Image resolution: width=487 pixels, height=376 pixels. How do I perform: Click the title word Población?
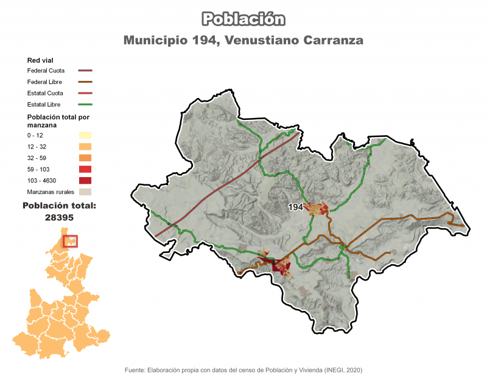(x=243, y=19)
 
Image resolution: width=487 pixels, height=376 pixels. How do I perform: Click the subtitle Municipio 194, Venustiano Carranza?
(x=243, y=41)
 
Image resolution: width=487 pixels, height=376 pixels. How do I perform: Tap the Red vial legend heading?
(x=41, y=60)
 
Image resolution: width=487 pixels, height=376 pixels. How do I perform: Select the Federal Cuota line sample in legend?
(x=85, y=71)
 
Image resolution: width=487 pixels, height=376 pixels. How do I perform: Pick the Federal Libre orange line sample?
(x=85, y=82)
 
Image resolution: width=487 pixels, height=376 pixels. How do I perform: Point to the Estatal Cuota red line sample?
(x=85, y=93)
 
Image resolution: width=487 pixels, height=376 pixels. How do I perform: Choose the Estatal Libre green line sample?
(x=85, y=105)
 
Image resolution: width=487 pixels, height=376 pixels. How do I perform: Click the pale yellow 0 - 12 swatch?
(x=85, y=134)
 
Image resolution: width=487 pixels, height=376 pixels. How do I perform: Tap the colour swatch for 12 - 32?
(x=85, y=146)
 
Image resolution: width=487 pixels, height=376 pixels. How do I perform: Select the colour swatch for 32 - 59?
(x=85, y=158)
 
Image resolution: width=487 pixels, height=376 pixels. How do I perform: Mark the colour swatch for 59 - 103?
(x=85, y=169)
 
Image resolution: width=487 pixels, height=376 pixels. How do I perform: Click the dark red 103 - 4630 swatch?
(x=85, y=180)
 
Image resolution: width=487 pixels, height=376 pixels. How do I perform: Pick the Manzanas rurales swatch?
(x=85, y=192)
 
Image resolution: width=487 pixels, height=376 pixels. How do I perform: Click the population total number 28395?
(x=59, y=217)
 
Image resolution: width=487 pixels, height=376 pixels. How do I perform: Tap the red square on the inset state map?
(x=71, y=241)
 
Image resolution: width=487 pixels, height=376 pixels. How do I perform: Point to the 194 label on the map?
(x=296, y=207)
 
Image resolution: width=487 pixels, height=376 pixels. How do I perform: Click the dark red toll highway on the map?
(x=225, y=186)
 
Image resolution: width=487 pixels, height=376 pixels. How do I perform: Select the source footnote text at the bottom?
(x=243, y=369)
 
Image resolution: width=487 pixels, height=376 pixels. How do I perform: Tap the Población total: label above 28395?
(x=59, y=206)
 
